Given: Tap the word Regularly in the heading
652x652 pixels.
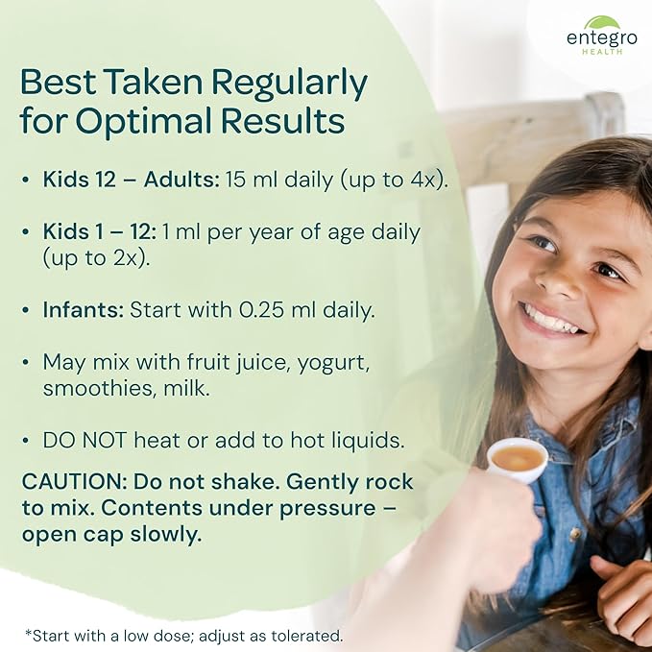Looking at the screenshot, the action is [289, 84].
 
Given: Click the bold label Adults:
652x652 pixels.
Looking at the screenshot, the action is [181, 180].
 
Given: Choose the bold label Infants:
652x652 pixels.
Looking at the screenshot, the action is [84, 310].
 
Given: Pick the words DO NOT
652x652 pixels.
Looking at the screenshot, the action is [85, 441].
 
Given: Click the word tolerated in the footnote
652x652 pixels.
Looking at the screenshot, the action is [306, 636].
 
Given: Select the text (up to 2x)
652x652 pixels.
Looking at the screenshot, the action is [96, 258].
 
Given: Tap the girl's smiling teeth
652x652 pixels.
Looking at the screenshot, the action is [551, 320].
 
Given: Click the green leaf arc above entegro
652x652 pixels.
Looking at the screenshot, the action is [602, 22].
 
